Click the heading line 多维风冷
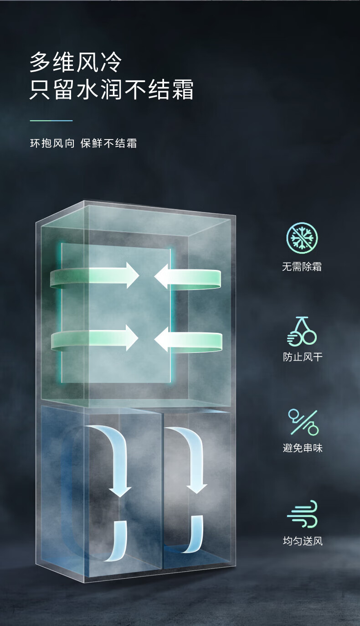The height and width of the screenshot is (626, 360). point(76,62)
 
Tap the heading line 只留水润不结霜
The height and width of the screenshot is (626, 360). point(112,89)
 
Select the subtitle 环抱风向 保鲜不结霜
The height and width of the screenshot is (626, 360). point(83,143)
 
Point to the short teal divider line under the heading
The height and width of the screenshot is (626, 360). point(51,121)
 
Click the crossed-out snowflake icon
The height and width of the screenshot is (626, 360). point(302,238)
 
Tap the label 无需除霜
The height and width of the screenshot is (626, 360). point(302,267)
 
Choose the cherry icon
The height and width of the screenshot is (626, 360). point(302,331)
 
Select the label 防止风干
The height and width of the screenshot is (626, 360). point(302,357)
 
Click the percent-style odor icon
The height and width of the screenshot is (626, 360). point(303,422)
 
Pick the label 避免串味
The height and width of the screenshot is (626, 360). point(302,448)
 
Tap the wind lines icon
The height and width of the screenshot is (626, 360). point(303,514)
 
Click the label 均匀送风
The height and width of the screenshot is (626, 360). point(302,541)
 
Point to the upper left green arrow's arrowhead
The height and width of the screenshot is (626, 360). point(132,275)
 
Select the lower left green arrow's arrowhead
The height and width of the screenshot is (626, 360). point(131,338)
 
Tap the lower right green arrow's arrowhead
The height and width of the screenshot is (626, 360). point(162,339)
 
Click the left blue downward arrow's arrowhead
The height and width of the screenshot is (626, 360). point(120,491)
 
